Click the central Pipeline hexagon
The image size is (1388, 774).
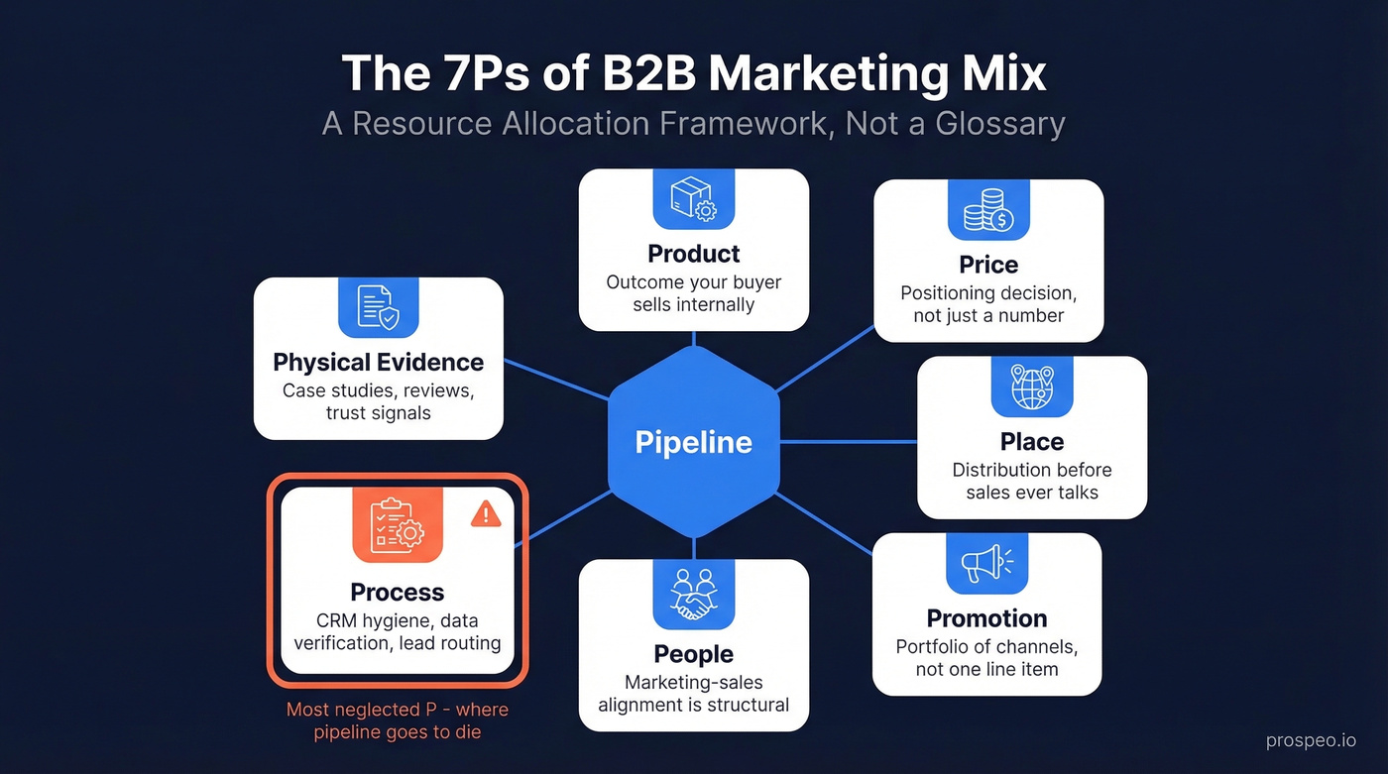tap(694, 442)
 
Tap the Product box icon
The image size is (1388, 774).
tap(694, 199)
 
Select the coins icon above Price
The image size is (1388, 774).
tap(988, 210)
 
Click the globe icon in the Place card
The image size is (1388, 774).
tap(1032, 387)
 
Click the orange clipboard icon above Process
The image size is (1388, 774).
tap(397, 525)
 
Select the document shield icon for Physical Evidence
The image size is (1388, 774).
tap(379, 307)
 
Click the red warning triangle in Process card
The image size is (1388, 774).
tap(485, 512)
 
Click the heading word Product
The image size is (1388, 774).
tap(694, 254)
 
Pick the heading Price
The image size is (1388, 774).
tap(988, 265)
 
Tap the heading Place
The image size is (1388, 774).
tap(1032, 442)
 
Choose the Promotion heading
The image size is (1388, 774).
tap(986, 618)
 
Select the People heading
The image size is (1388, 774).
tap(694, 654)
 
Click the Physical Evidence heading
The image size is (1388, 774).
tap(379, 362)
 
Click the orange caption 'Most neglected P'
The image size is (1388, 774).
tap(397, 710)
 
